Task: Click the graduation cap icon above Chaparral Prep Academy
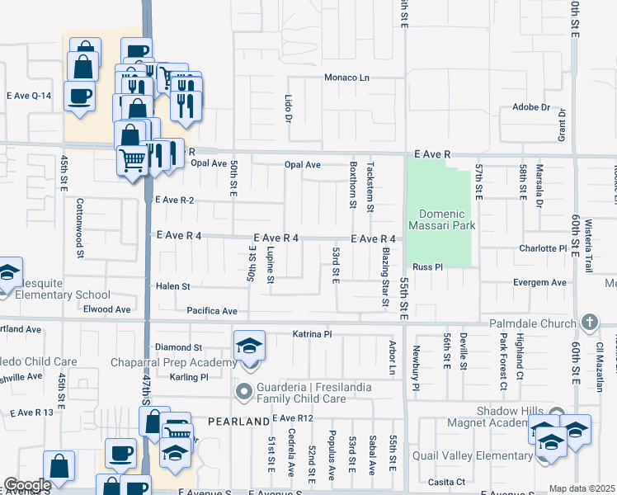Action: [250, 347]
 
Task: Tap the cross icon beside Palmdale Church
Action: [589, 321]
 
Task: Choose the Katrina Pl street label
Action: [312, 334]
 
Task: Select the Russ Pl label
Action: [428, 267]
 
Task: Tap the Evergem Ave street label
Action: [539, 282]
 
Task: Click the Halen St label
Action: [173, 286]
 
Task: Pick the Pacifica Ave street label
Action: [212, 311]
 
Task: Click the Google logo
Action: [27, 485]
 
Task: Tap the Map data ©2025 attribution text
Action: [582, 488]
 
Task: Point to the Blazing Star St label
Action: [385, 277]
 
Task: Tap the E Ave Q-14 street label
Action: [29, 96]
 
